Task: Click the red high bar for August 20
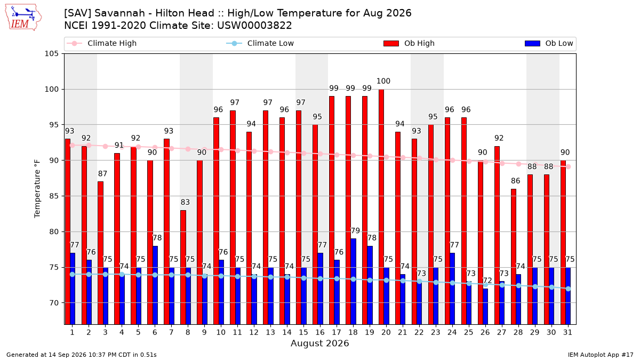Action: [381, 207]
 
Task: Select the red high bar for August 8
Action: [183, 267]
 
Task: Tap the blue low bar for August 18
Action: [354, 282]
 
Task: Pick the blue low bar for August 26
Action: [485, 307]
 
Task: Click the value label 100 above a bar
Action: [383, 81]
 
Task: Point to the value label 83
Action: [185, 202]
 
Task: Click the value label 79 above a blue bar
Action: [355, 230]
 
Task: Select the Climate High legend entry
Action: [101, 43]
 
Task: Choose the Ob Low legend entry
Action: [549, 43]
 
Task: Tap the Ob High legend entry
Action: [409, 43]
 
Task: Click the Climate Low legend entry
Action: [260, 43]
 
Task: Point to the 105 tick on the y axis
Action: [51, 54]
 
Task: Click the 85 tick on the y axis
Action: [54, 196]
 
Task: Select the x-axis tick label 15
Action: [303, 332]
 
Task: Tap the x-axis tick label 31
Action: [567, 332]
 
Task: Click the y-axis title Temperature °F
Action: [37, 189]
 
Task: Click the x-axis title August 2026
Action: [319, 343]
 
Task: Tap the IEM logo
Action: [23, 18]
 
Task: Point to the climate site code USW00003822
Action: [254, 26]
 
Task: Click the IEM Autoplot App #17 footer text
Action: [601, 355]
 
